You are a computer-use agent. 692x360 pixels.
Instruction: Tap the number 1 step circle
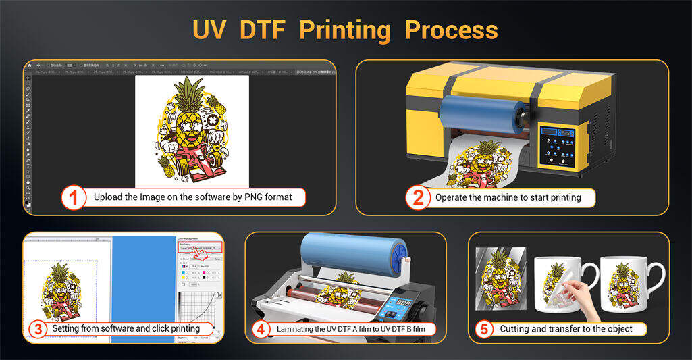point(74,198)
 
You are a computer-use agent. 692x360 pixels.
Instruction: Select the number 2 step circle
point(418,198)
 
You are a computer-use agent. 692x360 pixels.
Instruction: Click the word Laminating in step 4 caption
point(298,329)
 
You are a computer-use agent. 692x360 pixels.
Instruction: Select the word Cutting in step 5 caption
point(515,329)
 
